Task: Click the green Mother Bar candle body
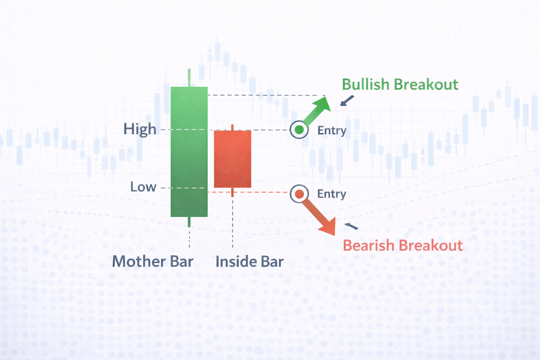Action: [x=189, y=152]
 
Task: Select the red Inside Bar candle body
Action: [x=232, y=159]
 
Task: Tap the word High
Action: [x=140, y=129]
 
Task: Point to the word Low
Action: [x=143, y=187]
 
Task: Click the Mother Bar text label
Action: [x=153, y=262]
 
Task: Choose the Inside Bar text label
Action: [x=249, y=262]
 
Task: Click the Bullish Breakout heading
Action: [x=400, y=85]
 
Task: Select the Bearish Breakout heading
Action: [x=403, y=245]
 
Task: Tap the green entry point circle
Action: [x=299, y=130]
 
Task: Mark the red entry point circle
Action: [x=300, y=194]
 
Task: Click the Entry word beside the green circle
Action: [x=332, y=131]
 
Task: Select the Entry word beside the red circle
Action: [x=332, y=194]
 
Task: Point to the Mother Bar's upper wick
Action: [x=189, y=78]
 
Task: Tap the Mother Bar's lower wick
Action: [x=189, y=222]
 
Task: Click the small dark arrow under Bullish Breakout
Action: [x=347, y=101]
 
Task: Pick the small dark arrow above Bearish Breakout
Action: [x=351, y=226]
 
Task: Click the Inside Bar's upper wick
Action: [x=232, y=127]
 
